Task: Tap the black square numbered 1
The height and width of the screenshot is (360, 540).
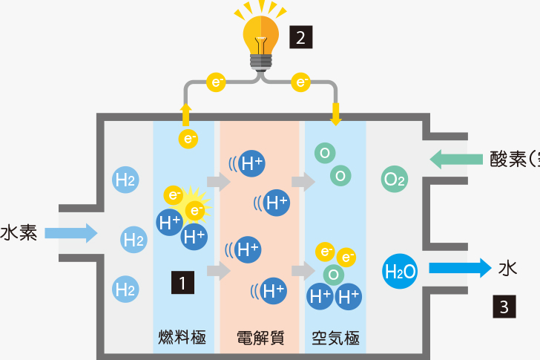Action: click(182, 282)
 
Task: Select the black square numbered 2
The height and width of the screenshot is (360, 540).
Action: click(300, 36)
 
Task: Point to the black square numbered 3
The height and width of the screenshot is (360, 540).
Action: click(504, 307)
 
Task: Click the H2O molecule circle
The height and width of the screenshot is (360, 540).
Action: click(401, 272)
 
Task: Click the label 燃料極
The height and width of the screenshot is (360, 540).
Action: click(182, 338)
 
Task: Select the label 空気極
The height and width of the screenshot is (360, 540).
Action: click(335, 338)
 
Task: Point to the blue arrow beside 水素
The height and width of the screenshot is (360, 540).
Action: click(71, 233)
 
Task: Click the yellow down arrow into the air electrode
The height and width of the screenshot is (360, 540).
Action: click(335, 114)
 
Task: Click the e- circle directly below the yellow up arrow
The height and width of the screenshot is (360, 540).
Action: click(189, 138)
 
